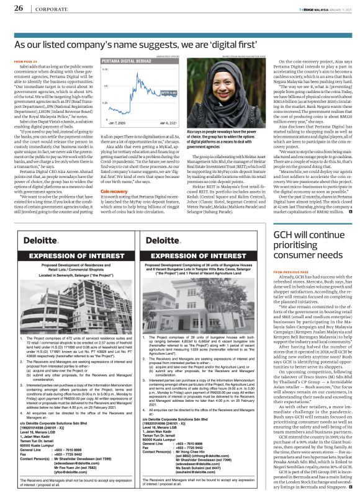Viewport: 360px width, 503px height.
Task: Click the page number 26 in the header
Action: [19, 8]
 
